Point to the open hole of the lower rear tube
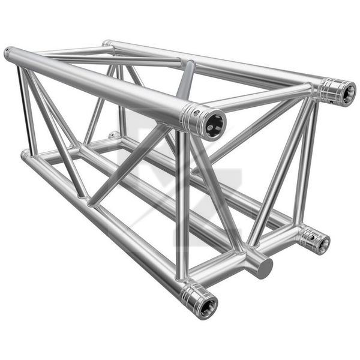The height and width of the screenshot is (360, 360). (323, 243)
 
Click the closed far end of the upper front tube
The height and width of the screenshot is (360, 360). (8, 53)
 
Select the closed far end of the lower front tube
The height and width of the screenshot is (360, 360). (24, 155)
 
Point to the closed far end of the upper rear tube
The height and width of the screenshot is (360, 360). (106, 43)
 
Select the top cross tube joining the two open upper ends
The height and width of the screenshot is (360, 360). (264, 98)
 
